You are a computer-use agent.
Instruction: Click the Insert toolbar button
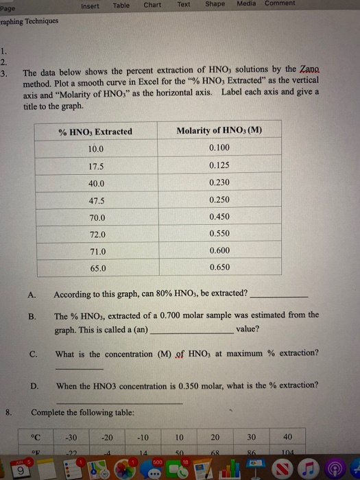[x=90, y=5]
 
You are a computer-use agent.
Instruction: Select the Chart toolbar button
[x=152, y=5]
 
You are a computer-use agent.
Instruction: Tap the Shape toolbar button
[x=215, y=4]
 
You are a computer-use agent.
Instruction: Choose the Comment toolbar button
[x=280, y=3]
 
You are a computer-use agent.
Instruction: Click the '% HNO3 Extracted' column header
[x=96, y=132]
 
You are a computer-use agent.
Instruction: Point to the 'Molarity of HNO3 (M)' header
[x=219, y=130]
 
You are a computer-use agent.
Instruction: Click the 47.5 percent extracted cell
[x=96, y=200]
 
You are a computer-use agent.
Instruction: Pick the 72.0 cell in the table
[x=97, y=234]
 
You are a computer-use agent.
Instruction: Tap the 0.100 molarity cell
[x=219, y=148]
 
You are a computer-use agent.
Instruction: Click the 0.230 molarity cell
[x=219, y=182]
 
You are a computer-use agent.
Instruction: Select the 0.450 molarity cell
[x=219, y=217]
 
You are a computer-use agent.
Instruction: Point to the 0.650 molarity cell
[x=219, y=268]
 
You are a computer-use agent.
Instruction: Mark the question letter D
[x=34, y=385]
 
